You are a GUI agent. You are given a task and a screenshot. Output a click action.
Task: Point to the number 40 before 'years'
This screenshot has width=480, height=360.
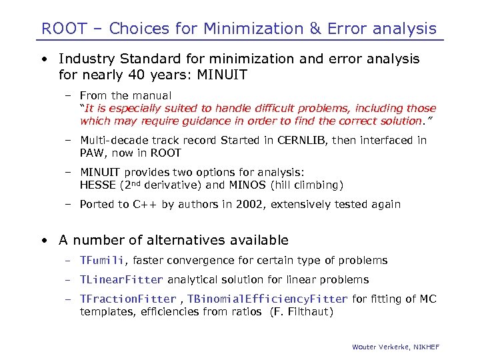pos(131,75)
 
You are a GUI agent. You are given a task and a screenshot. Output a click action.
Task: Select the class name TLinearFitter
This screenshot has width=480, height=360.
pos(121,280)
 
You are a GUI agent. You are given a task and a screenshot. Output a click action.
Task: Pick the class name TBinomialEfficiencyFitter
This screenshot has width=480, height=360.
pos(267,299)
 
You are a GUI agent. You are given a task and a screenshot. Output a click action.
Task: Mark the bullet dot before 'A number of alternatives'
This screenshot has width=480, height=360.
pos(43,240)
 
